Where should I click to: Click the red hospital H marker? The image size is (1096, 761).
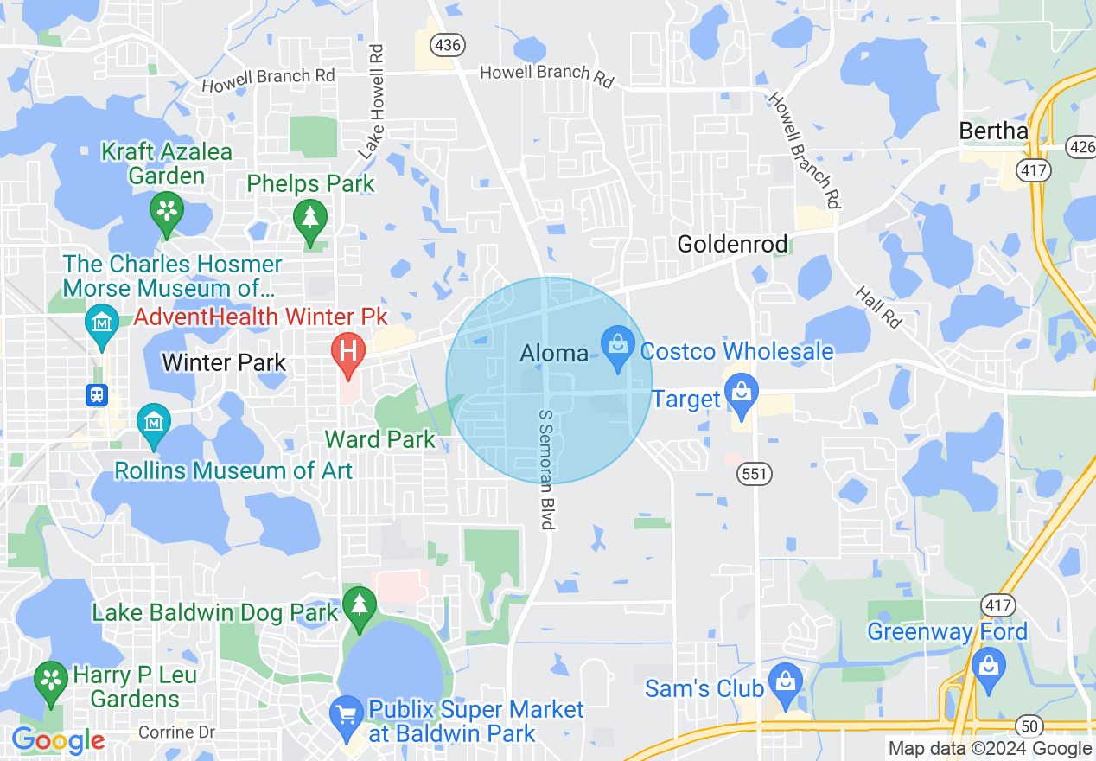click(x=349, y=353)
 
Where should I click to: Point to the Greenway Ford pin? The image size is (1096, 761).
click(x=988, y=667)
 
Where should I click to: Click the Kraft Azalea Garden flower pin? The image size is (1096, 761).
click(x=167, y=209)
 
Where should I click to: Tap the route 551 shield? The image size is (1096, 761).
click(x=755, y=474)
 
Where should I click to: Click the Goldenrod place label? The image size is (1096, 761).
click(x=732, y=244)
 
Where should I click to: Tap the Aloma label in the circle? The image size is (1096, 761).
click(x=554, y=353)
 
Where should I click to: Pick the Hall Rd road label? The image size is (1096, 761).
click(x=879, y=307)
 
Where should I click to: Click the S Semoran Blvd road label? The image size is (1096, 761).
click(x=545, y=470)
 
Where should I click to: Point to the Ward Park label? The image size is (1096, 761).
click(x=380, y=439)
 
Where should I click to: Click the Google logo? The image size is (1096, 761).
click(x=58, y=740)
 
